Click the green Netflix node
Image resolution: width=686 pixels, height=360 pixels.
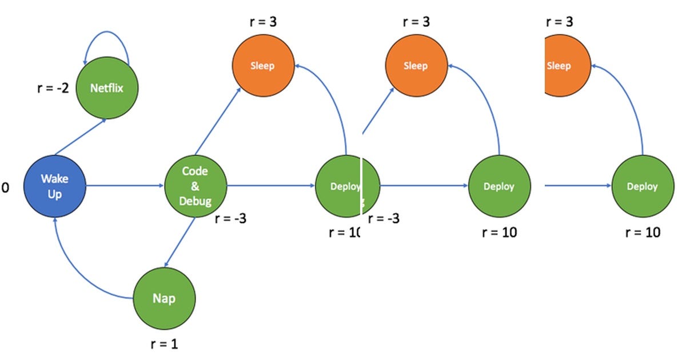[x=107, y=88]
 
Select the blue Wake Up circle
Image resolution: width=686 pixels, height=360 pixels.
[x=54, y=186]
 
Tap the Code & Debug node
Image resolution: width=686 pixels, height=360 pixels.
[x=196, y=186]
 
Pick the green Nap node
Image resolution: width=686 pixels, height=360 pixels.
[x=164, y=298]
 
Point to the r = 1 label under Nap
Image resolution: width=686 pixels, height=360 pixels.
[x=164, y=344]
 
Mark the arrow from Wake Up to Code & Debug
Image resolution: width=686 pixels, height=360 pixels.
[x=125, y=186]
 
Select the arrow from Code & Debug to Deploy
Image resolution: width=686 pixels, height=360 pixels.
[x=271, y=186]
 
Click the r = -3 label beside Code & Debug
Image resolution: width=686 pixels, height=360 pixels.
[x=230, y=218]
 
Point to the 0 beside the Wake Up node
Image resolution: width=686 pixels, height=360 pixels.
[x=5, y=187]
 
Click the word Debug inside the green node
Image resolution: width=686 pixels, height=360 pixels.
[x=195, y=201]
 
